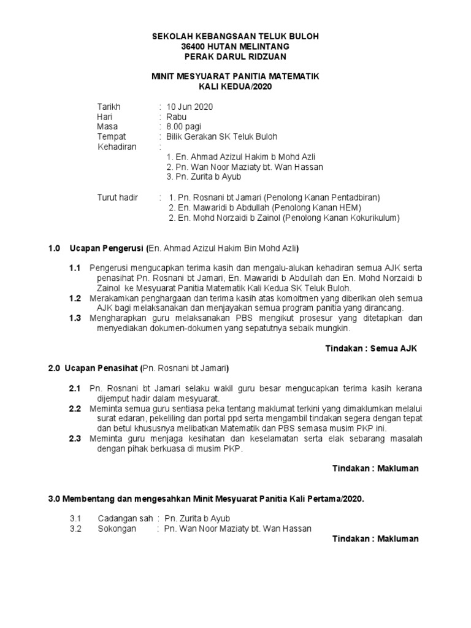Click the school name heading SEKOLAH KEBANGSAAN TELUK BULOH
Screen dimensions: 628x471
click(x=235, y=37)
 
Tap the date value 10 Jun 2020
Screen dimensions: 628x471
click(x=186, y=107)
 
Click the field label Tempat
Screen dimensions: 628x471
click(x=112, y=137)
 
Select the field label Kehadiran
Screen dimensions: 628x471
click(x=117, y=147)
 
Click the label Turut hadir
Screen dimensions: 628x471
click(x=118, y=197)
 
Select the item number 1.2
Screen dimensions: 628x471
click(x=75, y=298)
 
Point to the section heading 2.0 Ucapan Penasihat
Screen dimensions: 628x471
click(x=94, y=369)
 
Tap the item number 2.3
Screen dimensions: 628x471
click(x=75, y=438)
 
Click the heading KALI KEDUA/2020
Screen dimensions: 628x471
click(x=235, y=87)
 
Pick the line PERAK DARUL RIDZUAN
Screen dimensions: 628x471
click(x=235, y=57)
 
